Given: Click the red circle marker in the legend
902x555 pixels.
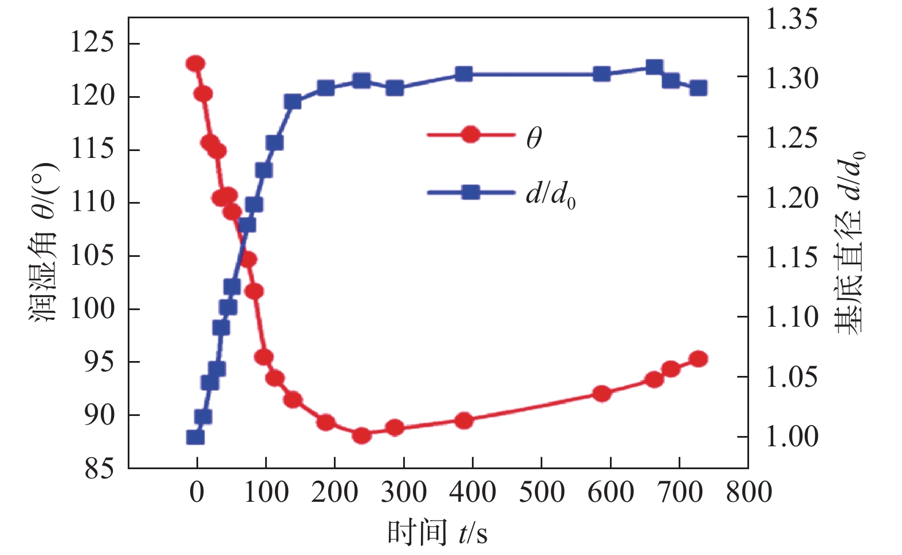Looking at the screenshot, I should pyautogui.click(x=470, y=135).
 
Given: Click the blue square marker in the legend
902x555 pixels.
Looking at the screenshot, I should pyautogui.click(x=470, y=192).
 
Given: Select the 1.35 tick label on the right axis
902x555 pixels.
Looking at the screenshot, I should pyautogui.click(x=791, y=19).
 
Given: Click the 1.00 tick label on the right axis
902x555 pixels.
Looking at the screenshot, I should pyautogui.click(x=791, y=437).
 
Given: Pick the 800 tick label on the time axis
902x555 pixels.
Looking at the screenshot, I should pyautogui.click(x=749, y=492).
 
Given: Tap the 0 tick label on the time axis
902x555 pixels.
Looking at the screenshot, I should pyautogui.click(x=196, y=492).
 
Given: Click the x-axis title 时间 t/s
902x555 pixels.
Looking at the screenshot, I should pyautogui.click(x=438, y=533).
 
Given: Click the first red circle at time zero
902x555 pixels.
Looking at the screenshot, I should pyautogui.click(x=195, y=64).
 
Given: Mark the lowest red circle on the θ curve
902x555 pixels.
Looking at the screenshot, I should pyautogui.click(x=362, y=435).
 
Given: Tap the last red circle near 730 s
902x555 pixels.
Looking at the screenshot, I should pyautogui.click(x=698, y=359).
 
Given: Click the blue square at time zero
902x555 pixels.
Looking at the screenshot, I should pyautogui.click(x=195, y=437).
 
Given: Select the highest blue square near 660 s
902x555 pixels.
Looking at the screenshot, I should pyautogui.click(x=655, y=68).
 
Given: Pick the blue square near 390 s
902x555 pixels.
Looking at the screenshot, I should pyautogui.click(x=464, y=74).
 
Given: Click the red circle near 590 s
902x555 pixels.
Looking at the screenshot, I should pyautogui.click(x=601, y=394).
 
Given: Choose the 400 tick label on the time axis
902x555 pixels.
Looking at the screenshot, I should pyautogui.click(x=472, y=492).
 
